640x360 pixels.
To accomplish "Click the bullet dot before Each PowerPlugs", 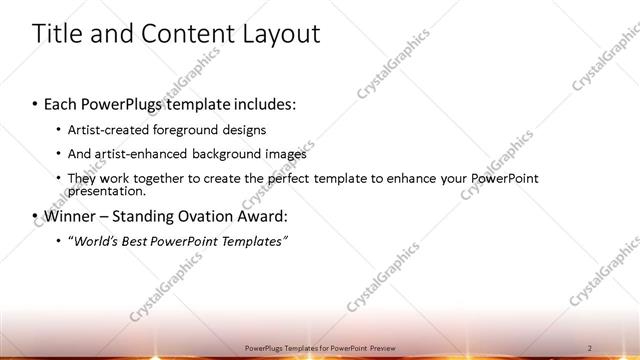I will click(x=37, y=103).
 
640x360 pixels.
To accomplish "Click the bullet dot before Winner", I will click(x=37, y=215).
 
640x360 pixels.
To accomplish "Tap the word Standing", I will click(x=156, y=215).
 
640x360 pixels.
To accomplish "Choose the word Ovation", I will click(x=223, y=215).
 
